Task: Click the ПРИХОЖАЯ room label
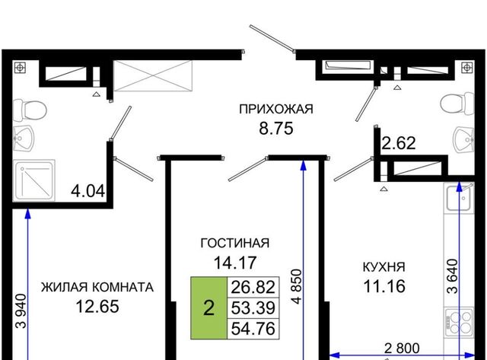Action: coord(275,109)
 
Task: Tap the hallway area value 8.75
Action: coord(275,129)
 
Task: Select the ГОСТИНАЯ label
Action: coord(235,243)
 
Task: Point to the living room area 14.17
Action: coord(235,263)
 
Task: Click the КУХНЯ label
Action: coord(384,267)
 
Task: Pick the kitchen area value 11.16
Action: coord(384,286)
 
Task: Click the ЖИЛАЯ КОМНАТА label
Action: coord(97,288)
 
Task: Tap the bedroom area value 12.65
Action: coord(97,307)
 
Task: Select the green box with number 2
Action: coord(208,307)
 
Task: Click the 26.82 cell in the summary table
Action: coord(253,287)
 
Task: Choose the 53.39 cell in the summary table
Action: coord(253,307)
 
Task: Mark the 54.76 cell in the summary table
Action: coord(253,328)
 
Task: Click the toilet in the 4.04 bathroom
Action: coord(30,110)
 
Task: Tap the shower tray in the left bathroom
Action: coord(33,180)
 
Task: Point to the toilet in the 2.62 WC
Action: coord(457,103)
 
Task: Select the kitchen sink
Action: coord(459,199)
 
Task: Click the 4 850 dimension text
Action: coord(297,286)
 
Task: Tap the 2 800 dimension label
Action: coord(402,348)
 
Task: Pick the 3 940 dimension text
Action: coord(22,311)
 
